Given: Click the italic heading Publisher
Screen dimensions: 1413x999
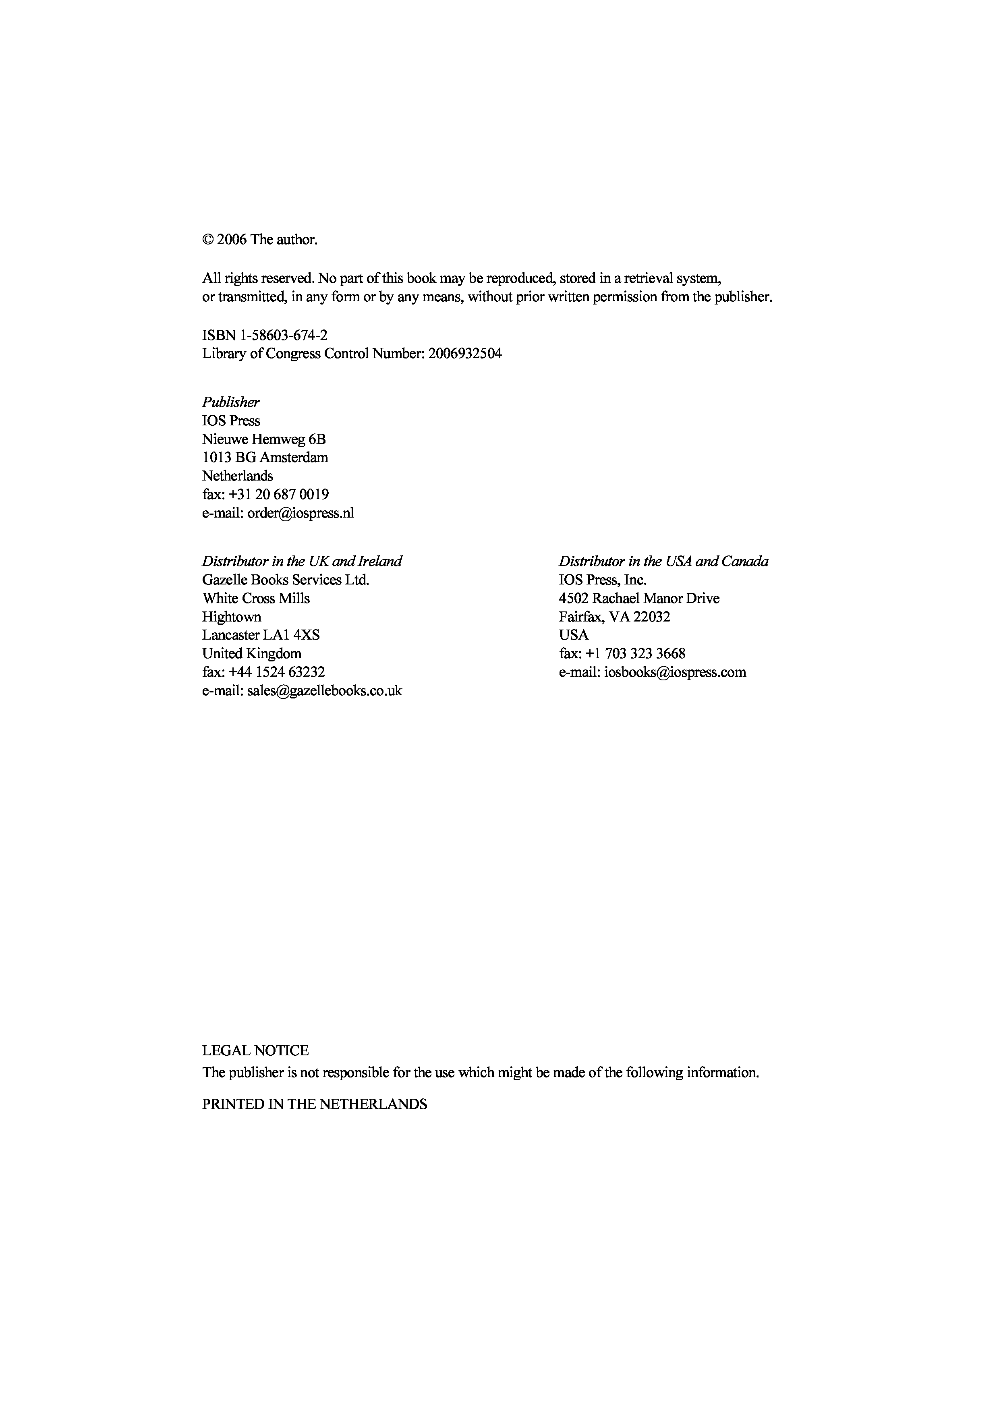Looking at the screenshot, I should click(231, 402).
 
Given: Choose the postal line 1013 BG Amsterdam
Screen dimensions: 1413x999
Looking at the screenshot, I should click(265, 458).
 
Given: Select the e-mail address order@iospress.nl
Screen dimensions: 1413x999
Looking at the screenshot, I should click(301, 513).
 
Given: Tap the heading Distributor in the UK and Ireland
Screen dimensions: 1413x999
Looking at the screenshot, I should click(302, 561).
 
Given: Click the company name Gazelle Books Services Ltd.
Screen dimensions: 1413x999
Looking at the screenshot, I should click(286, 580).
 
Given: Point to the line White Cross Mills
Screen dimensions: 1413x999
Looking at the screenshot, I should click(256, 598).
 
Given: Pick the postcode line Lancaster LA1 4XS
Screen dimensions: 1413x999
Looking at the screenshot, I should click(261, 635).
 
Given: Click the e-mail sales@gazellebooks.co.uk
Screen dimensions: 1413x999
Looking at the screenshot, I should click(324, 690).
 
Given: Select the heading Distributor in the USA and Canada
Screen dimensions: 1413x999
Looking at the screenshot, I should click(663, 561).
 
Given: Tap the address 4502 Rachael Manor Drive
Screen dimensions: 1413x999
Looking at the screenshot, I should click(639, 598).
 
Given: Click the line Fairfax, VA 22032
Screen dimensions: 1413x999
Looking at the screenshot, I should click(614, 617).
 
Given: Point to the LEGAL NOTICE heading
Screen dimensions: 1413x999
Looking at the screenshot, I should click(255, 1050).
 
